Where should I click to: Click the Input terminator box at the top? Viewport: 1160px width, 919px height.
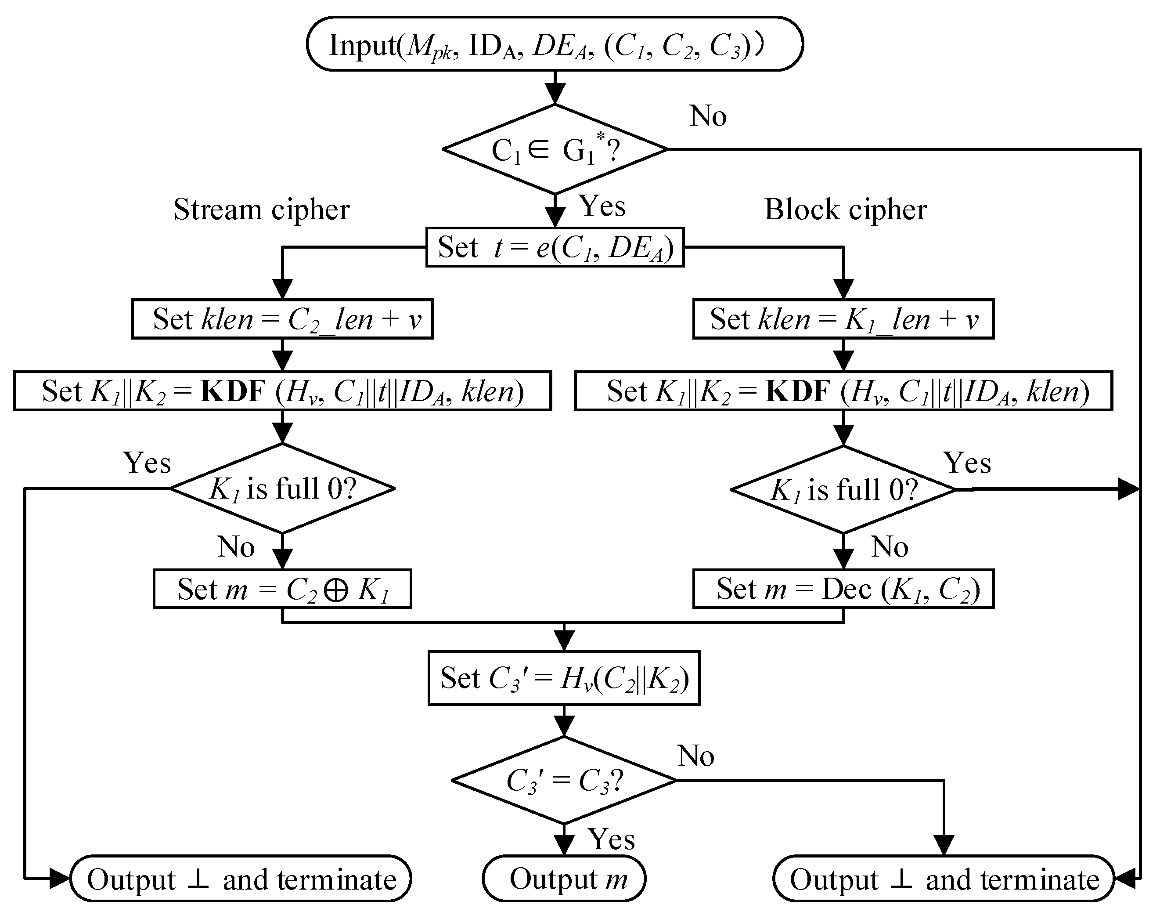coord(555,44)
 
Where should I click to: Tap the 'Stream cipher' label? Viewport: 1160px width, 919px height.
coord(261,209)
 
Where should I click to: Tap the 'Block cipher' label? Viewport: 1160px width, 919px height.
coord(845,209)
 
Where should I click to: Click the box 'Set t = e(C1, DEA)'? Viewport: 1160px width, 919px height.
coord(555,247)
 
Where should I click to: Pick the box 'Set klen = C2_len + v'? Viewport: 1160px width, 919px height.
coord(282,319)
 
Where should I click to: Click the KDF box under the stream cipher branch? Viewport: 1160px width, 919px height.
coord(282,391)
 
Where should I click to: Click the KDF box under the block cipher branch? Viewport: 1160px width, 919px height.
coord(843,391)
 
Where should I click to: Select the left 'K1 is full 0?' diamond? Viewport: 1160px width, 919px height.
coord(282,488)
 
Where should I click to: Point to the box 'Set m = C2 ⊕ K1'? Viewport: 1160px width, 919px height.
coord(282,589)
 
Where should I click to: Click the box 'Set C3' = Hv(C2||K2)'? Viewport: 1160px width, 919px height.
coord(564,678)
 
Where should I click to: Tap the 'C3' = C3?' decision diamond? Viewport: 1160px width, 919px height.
coord(564,780)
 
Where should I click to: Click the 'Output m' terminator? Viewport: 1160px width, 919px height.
coord(564,879)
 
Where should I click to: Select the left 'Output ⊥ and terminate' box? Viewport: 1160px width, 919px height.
coord(241,879)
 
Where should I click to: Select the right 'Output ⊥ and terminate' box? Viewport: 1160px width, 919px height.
coord(943,879)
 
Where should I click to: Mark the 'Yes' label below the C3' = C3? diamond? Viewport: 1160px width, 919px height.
coord(611,839)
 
